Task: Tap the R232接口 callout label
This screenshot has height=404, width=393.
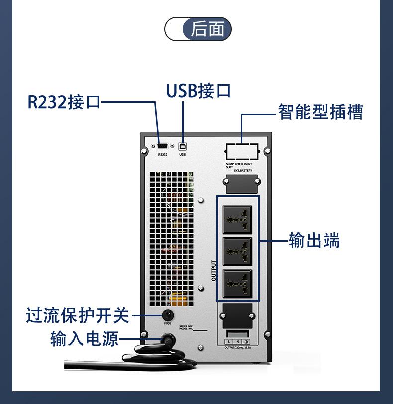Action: click(x=63, y=102)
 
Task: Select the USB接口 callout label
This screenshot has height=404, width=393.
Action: click(x=198, y=91)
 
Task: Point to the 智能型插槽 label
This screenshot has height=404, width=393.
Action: click(x=320, y=112)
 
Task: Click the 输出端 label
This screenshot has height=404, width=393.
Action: click(x=314, y=241)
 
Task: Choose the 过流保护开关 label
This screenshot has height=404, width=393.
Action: click(x=77, y=315)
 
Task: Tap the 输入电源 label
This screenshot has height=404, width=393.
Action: click(x=85, y=339)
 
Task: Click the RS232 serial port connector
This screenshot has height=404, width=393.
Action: click(x=163, y=146)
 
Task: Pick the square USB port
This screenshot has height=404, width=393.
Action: click(x=182, y=146)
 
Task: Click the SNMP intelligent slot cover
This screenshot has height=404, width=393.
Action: click(x=242, y=151)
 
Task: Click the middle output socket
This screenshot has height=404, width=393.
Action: click(x=238, y=251)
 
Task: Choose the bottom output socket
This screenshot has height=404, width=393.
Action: click(x=238, y=284)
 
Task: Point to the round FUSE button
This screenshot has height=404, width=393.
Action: click(x=167, y=315)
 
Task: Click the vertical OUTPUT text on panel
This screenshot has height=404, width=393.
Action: click(x=214, y=271)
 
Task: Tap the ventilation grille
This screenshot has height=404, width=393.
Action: click(x=171, y=239)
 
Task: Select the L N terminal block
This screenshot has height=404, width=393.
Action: click(x=238, y=342)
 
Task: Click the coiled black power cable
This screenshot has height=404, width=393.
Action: click(x=149, y=358)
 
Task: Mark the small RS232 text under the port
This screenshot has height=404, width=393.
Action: click(x=163, y=155)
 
